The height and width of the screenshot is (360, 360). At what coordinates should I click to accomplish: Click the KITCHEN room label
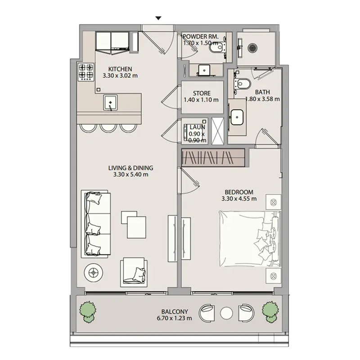coord(120,69)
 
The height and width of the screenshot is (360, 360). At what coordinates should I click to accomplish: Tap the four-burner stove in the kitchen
coord(86,72)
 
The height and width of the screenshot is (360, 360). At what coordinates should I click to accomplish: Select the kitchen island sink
coord(110,103)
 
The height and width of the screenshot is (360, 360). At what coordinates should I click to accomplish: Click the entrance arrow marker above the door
coord(158,18)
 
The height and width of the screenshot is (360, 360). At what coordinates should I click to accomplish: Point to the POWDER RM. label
coord(201,36)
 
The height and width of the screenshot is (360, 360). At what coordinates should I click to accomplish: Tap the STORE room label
coord(202,93)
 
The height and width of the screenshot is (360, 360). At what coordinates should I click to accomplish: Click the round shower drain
coord(252,48)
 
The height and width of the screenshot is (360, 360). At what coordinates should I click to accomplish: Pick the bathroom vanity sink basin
coord(237,117)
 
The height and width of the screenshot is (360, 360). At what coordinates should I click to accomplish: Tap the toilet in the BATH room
coord(242,84)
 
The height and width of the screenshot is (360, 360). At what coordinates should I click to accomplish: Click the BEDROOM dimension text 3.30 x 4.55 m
coord(239,198)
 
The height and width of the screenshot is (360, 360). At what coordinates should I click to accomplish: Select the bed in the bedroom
coord(250,239)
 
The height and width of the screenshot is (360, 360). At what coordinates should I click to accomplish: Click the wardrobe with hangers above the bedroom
coord(213,158)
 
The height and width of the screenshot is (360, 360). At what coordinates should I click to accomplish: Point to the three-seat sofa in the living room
coord(96,223)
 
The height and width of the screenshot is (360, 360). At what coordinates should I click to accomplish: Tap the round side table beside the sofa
coord(93,273)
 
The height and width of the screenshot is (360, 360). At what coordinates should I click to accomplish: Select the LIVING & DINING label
coord(130,168)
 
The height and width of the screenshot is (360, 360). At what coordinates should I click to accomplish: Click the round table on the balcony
coord(226,313)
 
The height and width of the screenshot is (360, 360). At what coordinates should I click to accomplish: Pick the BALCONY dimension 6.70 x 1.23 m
coord(175,318)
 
